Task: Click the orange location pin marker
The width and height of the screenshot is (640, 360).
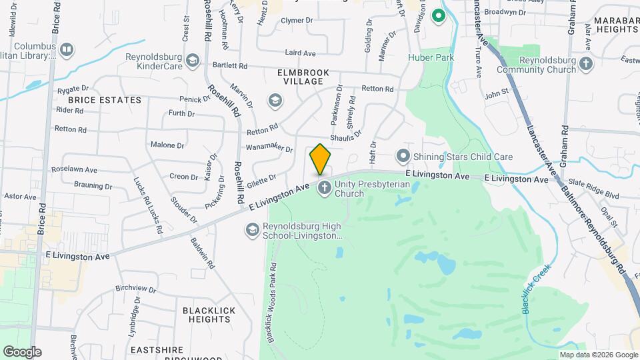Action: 320,159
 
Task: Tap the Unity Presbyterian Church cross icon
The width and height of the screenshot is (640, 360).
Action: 325,188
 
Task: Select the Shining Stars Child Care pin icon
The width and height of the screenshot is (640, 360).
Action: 403,157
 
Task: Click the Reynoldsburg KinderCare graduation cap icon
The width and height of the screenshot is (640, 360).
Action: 192,61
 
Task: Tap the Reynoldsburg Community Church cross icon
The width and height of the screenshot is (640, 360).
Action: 586,64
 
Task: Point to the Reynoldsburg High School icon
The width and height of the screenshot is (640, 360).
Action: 252,230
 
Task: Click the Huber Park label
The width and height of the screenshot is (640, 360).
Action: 431,58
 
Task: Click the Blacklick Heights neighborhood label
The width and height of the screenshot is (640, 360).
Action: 207,315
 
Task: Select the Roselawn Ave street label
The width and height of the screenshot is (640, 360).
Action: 79,169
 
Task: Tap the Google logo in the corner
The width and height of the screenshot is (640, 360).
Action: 22,352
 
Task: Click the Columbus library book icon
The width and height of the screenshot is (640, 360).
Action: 66,50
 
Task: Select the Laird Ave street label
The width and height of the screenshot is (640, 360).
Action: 300,52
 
